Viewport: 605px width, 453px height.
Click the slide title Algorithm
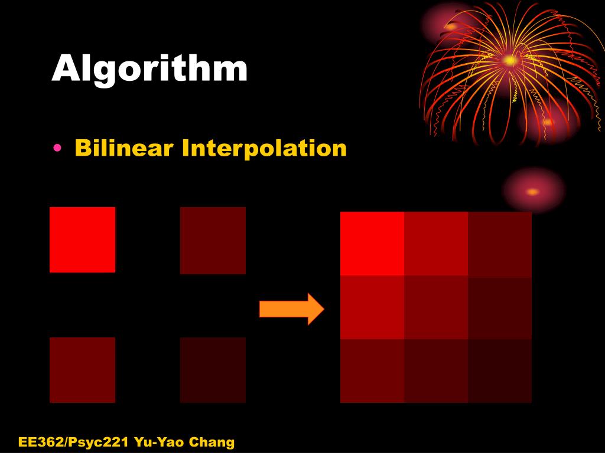click(x=149, y=69)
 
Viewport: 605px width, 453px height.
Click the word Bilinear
click(x=125, y=147)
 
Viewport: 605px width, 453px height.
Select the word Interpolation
click(x=264, y=148)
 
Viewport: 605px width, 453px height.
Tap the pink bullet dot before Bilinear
click(x=57, y=148)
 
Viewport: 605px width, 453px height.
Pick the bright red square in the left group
click(x=82, y=239)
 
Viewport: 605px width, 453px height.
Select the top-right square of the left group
click(x=213, y=240)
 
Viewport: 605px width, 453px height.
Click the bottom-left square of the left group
click(x=82, y=370)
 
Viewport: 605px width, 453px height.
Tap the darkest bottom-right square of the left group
click(x=213, y=370)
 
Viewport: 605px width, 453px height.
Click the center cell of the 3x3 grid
click(x=436, y=307)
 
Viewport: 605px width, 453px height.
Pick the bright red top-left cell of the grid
click(x=372, y=244)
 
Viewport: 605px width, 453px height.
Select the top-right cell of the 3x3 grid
click(x=500, y=244)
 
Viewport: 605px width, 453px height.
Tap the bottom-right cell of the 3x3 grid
click(x=500, y=371)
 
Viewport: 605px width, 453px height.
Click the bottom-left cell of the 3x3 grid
click(x=372, y=371)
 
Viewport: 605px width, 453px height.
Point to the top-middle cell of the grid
click(x=436, y=244)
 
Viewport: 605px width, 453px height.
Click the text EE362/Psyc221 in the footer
click(x=74, y=442)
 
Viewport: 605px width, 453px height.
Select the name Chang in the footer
click(x=211, y=442)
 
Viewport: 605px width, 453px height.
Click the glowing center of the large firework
click(x=509, y=60)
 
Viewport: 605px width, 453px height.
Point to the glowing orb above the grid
click(x=533, y=191)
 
